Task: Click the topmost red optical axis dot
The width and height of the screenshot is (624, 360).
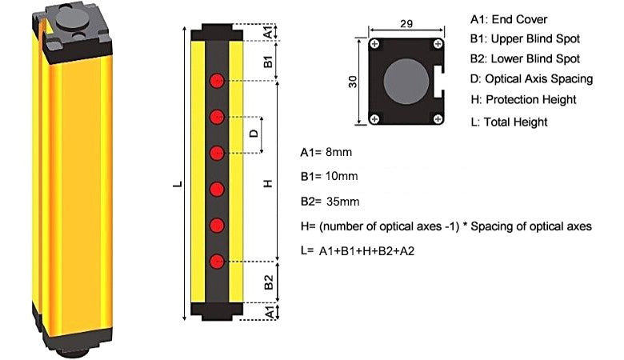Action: [217, 81]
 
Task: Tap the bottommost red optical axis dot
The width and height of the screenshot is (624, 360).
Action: [217, 262]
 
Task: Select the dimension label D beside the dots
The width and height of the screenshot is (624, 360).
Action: [254, 134]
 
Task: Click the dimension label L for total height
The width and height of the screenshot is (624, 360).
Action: [178, 184]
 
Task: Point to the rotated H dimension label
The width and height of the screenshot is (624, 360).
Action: [268, 183]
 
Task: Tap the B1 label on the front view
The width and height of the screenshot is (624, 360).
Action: [268, 62]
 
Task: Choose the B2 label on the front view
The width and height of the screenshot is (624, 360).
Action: [269, 282]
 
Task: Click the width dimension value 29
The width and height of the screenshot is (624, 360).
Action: [406, 24]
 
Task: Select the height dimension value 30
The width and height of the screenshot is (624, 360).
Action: [353, 82]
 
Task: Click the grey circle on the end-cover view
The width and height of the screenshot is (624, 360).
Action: [406, 81]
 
